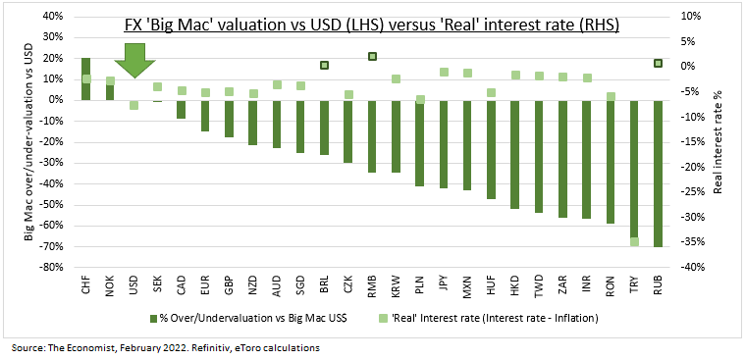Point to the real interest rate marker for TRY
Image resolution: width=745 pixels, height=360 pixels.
coord(634,242)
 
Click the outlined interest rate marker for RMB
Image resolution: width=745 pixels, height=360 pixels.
coord(372,57)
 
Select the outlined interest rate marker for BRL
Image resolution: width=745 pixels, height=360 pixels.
coord(324,66)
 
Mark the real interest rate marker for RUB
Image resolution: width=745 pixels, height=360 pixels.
coord(658,63)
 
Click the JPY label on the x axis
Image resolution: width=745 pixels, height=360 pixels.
coord(444,283)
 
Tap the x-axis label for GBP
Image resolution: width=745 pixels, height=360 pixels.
coord(230,283)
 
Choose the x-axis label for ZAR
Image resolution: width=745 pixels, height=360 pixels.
coord(562,283)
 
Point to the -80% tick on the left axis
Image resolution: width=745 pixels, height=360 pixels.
coord(51,267)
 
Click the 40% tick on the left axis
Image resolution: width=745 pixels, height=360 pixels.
coord(53,17)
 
